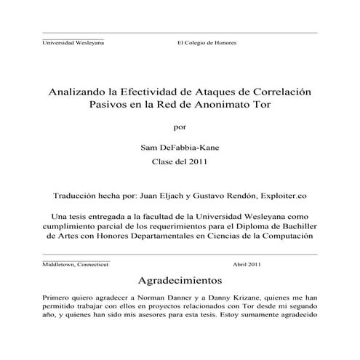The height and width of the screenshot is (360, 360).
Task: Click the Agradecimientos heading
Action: coord(179,280)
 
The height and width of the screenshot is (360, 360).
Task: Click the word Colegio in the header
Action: coord(196,43)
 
